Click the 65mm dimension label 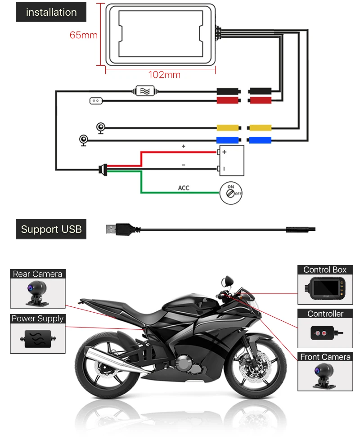[x=83, y=35]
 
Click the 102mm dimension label [x=164, y=75]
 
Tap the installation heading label [x=51, y=12]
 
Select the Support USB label [x=51, y=229]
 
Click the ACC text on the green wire [x=184, y=188]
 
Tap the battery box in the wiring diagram [x=231, y=160]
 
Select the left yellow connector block [x=227, y=128]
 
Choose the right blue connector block [x=260, y=140]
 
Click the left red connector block [x=227, y=100]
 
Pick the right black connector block [x=260, y=90]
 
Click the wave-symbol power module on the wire [x=145, y=91]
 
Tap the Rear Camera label [x=37, y=274]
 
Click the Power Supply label [x=37, y=319]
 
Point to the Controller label [x=325, y=314]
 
